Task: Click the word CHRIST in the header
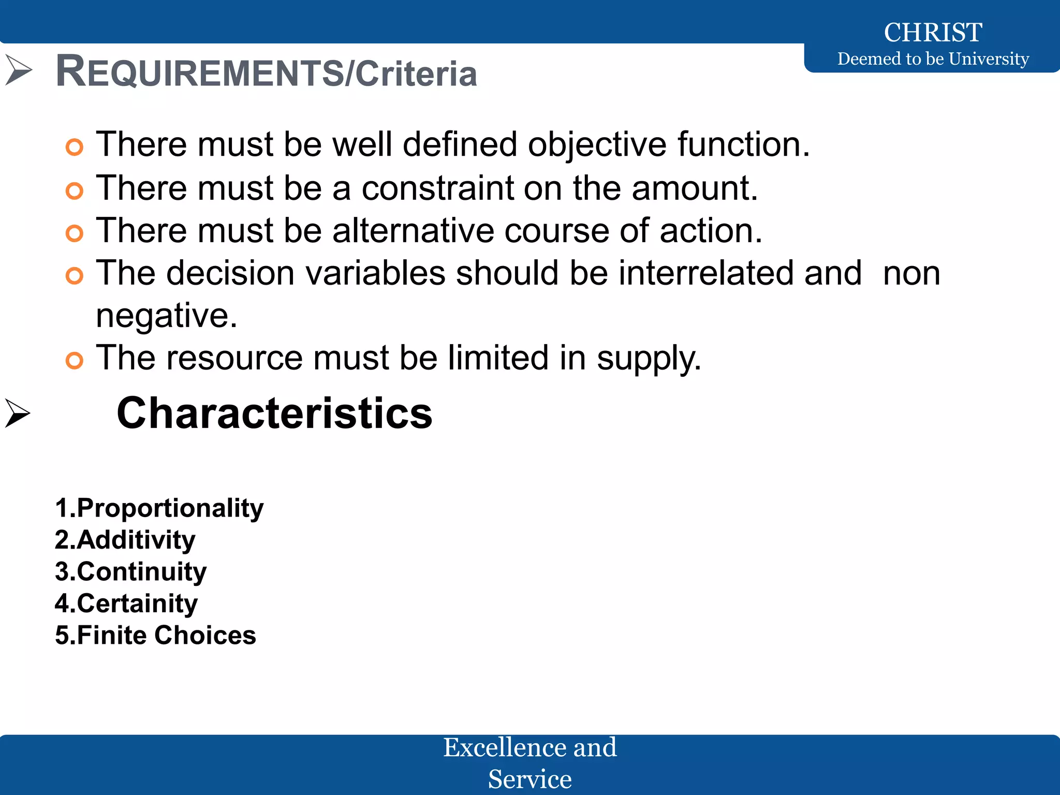point(933,33)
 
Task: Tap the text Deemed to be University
point(933,59)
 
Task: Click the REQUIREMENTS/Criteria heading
point(266,72)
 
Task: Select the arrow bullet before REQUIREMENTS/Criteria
point(19,70)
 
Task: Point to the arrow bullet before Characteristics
point(18,413)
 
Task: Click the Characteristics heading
point(274,413)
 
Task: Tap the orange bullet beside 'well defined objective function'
point(75,147)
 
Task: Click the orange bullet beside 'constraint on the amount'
point(75,190)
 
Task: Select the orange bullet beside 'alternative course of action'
point(75,233)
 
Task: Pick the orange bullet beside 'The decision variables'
point(75,276)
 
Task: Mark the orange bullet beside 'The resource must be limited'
point(75,360)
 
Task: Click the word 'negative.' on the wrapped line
point(167,316)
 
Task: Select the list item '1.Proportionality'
point(159,508)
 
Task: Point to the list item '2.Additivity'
point(125,540)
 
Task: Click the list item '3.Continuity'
point(130,572)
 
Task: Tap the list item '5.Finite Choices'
point(155,635)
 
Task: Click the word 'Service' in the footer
point(529,779)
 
